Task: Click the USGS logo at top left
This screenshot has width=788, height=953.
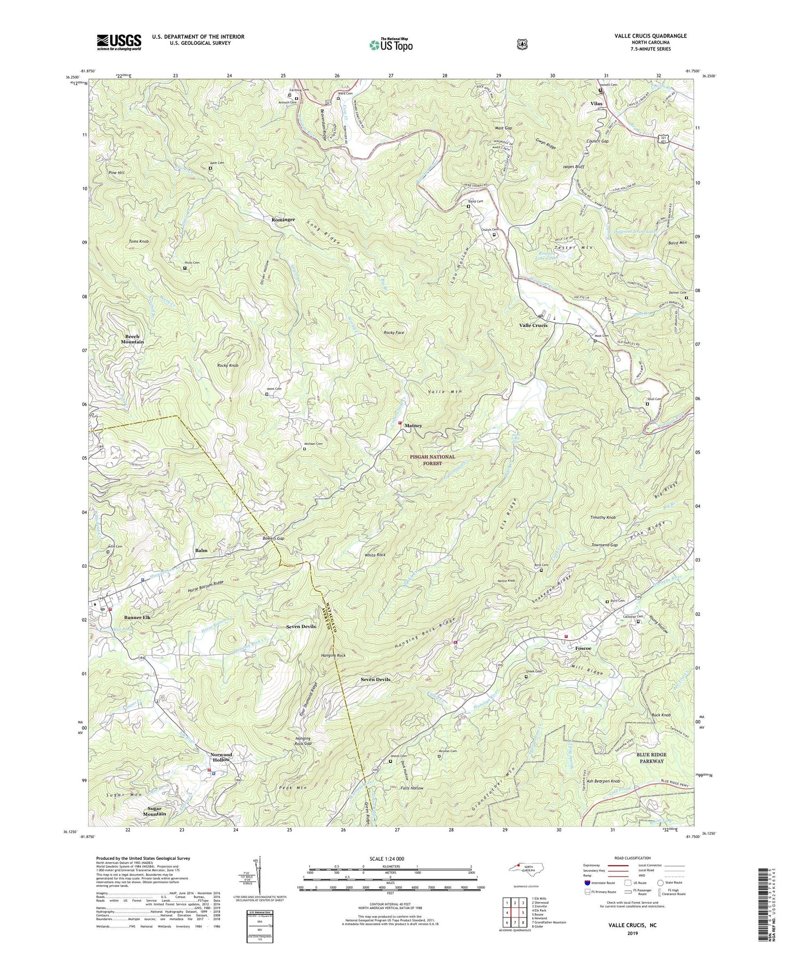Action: [119, 41]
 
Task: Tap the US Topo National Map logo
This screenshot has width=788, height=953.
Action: [391, 45]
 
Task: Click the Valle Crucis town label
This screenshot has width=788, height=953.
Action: [533, 325]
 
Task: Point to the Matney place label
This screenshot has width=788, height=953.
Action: [413, 426]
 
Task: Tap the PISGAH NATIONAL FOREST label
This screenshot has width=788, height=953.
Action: [431, 460]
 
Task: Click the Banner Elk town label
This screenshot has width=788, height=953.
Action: [137, 617]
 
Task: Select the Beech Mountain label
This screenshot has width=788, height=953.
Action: [133, 339]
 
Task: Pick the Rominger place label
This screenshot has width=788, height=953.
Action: [283, 219]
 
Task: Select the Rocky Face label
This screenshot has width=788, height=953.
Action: [394, 332]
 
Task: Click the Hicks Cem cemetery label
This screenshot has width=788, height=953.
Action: [191, 263]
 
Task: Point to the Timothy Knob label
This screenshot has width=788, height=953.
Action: [603, 517]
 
